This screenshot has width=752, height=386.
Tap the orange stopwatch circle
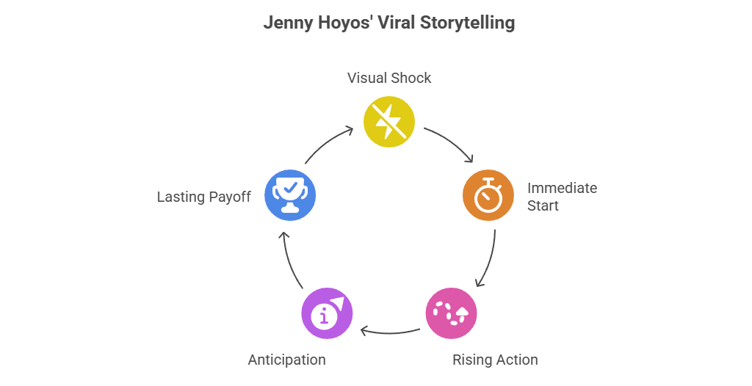pos(488,195)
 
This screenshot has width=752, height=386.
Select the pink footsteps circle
pos(451,313)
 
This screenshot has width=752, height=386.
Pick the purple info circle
pos(327,313)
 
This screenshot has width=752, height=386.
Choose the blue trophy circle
pos(289,195)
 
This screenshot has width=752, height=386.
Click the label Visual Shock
pos(389,78)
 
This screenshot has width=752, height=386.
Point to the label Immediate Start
pos(561,197)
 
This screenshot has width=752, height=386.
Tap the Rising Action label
pos(494,360)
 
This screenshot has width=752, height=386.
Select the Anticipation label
pos(286,360)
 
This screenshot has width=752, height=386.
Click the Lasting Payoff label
pos(203,197)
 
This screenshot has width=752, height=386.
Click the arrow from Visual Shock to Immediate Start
pos(449,144)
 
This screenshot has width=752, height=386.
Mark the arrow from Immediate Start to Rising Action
pos(488,258)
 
